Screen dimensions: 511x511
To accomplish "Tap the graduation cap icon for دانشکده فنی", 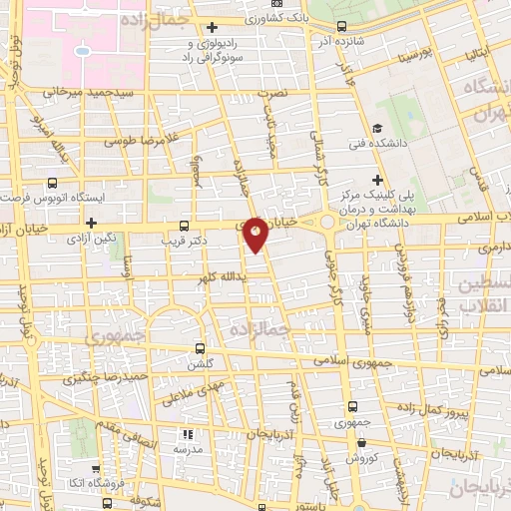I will (x=377, y=128).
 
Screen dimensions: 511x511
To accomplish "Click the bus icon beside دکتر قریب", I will (x=184, y=226).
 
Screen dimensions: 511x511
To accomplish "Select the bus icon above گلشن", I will (x=201, y=349).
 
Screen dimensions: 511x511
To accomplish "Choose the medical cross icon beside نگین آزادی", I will (x=92, y=224).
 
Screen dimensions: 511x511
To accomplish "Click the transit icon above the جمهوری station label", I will (x=350, y=406).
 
